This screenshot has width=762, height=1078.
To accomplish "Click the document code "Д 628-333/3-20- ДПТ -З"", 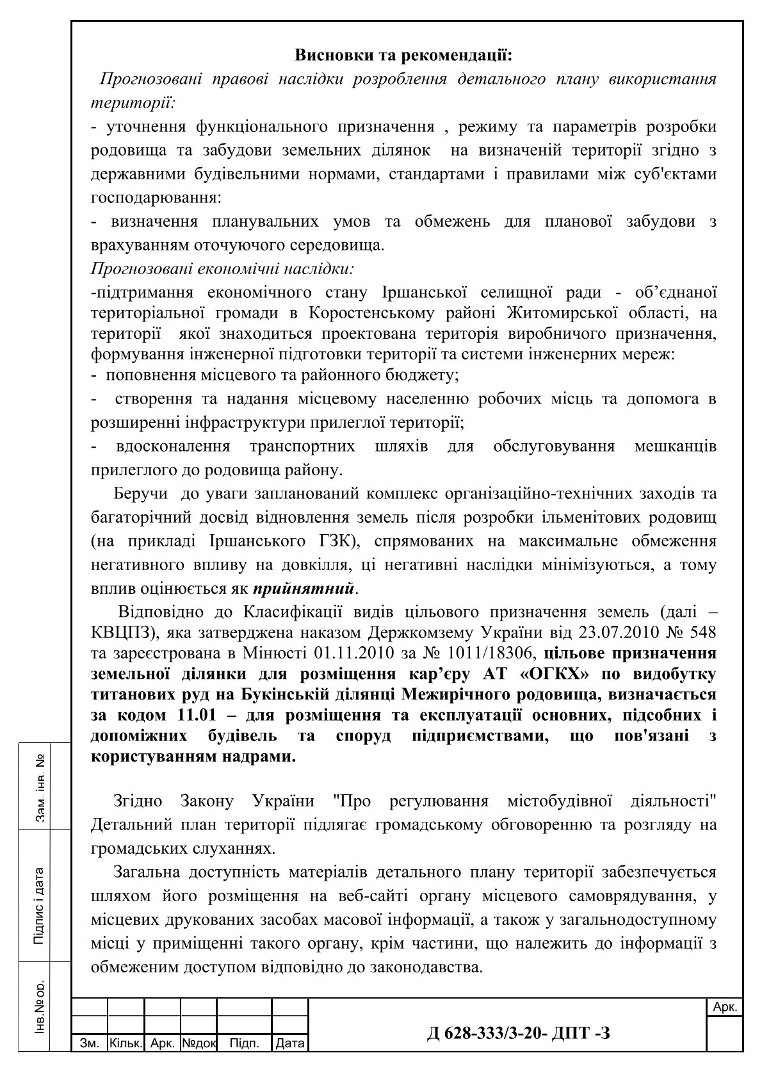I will tap(518, 1032).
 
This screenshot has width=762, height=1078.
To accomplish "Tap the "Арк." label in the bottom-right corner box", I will tap(725, 1008).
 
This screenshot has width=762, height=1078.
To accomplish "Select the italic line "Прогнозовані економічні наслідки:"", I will tap(223, 268).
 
